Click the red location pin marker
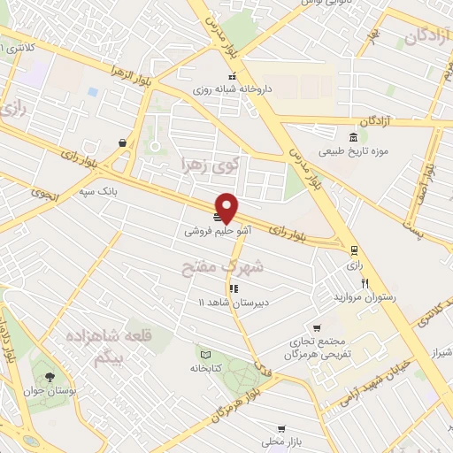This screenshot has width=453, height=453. click(227, 208)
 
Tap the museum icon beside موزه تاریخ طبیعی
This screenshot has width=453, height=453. click(354, 137)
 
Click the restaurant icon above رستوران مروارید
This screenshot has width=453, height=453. click(364, 282)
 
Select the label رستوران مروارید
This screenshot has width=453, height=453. click(365, 297)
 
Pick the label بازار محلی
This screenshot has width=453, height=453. click(281, 441)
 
